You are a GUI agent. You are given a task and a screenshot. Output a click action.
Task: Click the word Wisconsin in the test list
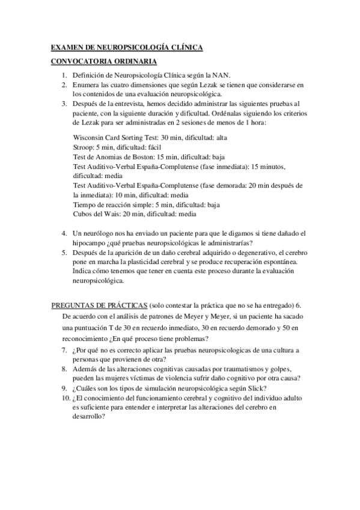point(90,138)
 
